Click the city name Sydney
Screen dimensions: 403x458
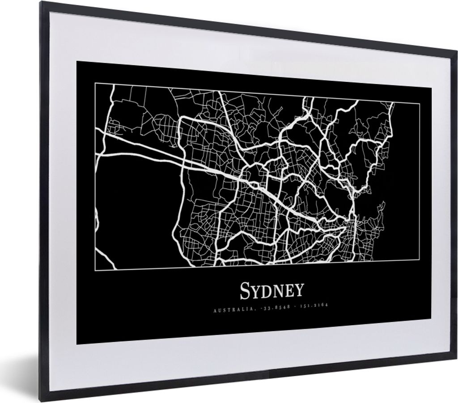pyautogui.click(x=272, y=291)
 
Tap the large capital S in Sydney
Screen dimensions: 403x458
pyautogui.click(x=246, y=291)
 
